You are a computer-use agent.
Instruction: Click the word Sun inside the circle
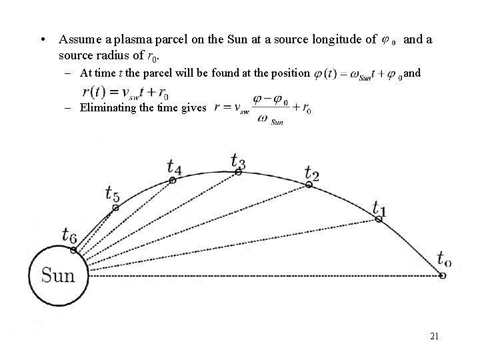58,274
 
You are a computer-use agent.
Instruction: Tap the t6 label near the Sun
69,235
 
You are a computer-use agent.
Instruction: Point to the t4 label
175,165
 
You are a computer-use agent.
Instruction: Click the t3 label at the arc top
238,161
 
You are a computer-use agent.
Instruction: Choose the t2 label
311,173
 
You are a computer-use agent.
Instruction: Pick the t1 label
379,209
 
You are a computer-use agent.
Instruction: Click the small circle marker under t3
238,172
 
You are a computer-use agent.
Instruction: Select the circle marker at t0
443,274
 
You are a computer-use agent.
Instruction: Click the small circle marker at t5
115,208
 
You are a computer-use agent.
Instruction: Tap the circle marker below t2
309,184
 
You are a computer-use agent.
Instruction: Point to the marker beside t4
172,180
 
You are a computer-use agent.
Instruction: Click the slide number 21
434,337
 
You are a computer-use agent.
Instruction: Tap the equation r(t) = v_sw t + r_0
125,92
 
